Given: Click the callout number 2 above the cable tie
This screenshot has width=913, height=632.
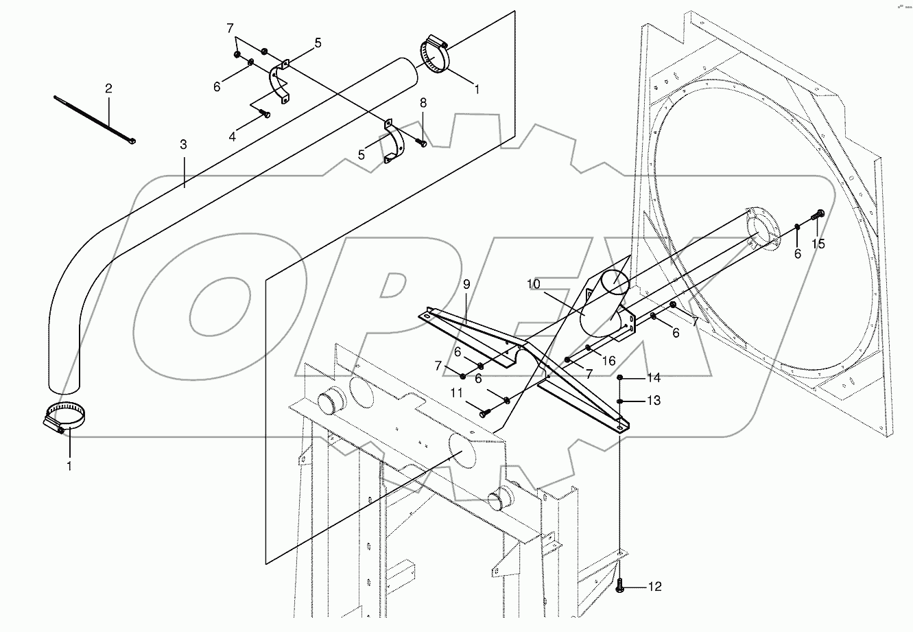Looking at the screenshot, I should pyautogui.click(x=108, y=89).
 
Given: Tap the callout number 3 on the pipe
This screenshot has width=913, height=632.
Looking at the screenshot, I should pyautogui.click(x=183, y=145).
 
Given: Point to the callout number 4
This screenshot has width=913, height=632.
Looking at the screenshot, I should pyautogui.click(x=233, y=137).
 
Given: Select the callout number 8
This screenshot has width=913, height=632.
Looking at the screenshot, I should pyautogui.click(x=423, y=103).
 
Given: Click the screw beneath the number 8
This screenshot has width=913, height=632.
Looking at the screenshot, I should pyautogui.click(x=421, y=143).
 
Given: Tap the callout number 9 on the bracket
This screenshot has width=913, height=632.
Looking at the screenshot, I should pyautogui.click(x=466, y=283).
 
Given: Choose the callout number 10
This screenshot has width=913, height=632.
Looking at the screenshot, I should pyautogui.click(x=534, y=283).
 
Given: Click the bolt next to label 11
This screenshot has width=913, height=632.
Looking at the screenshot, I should pyautogui.click(x=484, y=412).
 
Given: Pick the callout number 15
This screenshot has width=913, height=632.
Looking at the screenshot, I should pyautogui.click(x=818, y=243).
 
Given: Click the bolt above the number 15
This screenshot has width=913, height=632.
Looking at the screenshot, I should pyautogui.click(x=817, y=215).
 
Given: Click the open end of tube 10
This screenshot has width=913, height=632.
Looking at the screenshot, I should pyautogui.click(x=615, y=282).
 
